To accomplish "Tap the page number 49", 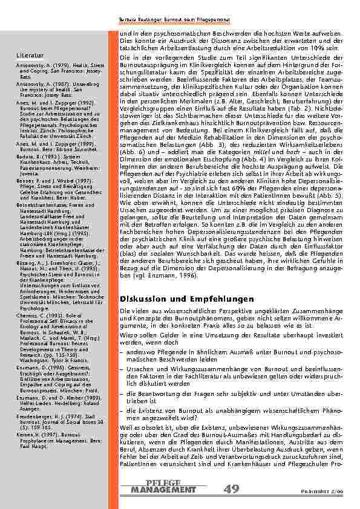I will (233, 488).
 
